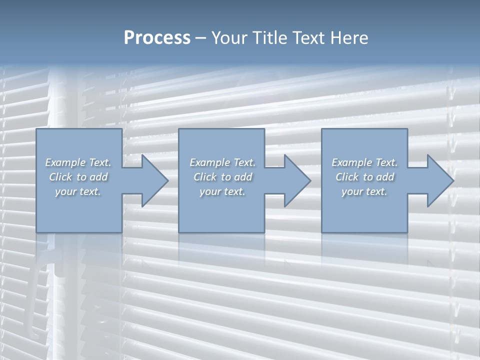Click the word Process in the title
(x=157, y=38)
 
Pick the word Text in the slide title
(x=309, y=38)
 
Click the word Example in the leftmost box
(x=65, y=162)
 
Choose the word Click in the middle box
(x=205, y=177)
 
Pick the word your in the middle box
(x=210, y=192)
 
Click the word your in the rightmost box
(x=352, y=192)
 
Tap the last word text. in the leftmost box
(x=89, y=192)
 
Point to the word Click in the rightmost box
(x=347, y=177)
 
